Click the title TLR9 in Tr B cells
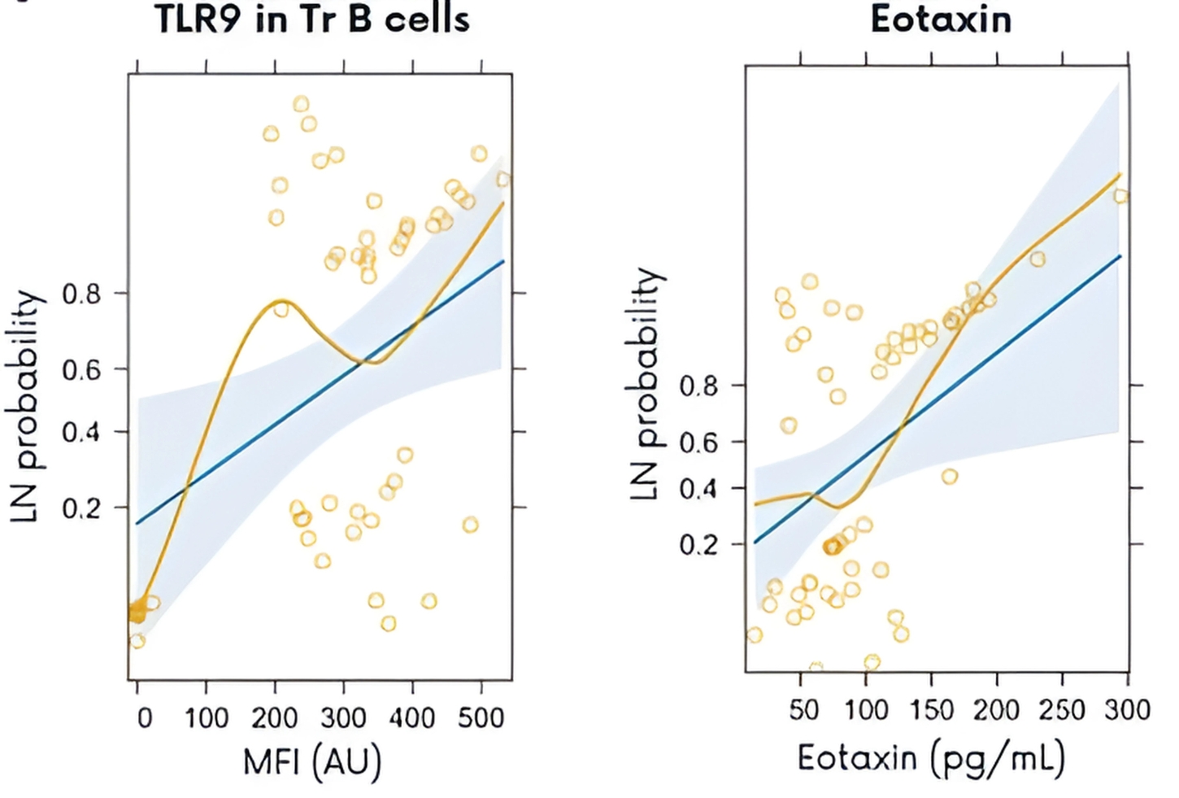312,18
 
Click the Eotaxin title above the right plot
941,18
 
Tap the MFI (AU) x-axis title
312,761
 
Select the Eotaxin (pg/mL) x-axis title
931,758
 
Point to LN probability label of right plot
646,382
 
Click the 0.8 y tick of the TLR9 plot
81,294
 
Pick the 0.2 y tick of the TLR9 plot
81,508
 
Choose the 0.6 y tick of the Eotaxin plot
699,443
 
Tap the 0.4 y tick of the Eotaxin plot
699,490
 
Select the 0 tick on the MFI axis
144,717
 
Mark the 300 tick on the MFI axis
343,717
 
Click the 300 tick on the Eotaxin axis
1128,709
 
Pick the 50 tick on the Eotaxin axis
803,709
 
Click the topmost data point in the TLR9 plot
301,104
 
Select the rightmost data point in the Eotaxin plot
1121,196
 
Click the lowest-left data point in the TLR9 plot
137,641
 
